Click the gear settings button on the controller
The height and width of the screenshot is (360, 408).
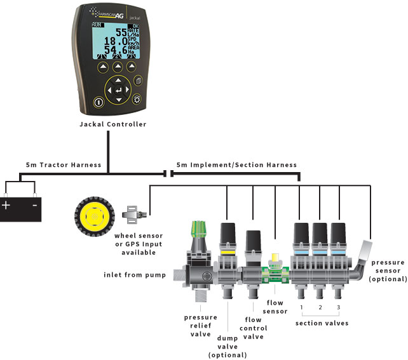coord(135,99)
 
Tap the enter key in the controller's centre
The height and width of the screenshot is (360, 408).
coord(117,90)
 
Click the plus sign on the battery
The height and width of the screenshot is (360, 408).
coord(7,205)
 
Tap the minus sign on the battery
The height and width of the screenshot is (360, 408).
coord(34,205)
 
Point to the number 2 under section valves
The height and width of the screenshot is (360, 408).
coord(320,308)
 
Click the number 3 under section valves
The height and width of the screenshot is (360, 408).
coord(339,308)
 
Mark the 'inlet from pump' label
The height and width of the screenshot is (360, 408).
coord(134,275)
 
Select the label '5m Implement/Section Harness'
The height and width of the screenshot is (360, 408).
coord(236,165)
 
